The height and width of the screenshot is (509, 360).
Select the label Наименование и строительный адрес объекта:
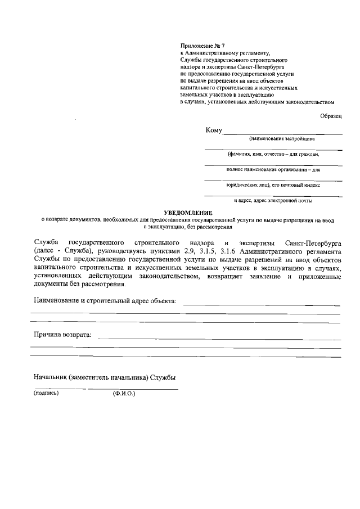pyautogui.click(x=105, y=301)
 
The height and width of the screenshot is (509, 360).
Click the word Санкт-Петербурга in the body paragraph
pyautogui.click(x=312, y=242)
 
